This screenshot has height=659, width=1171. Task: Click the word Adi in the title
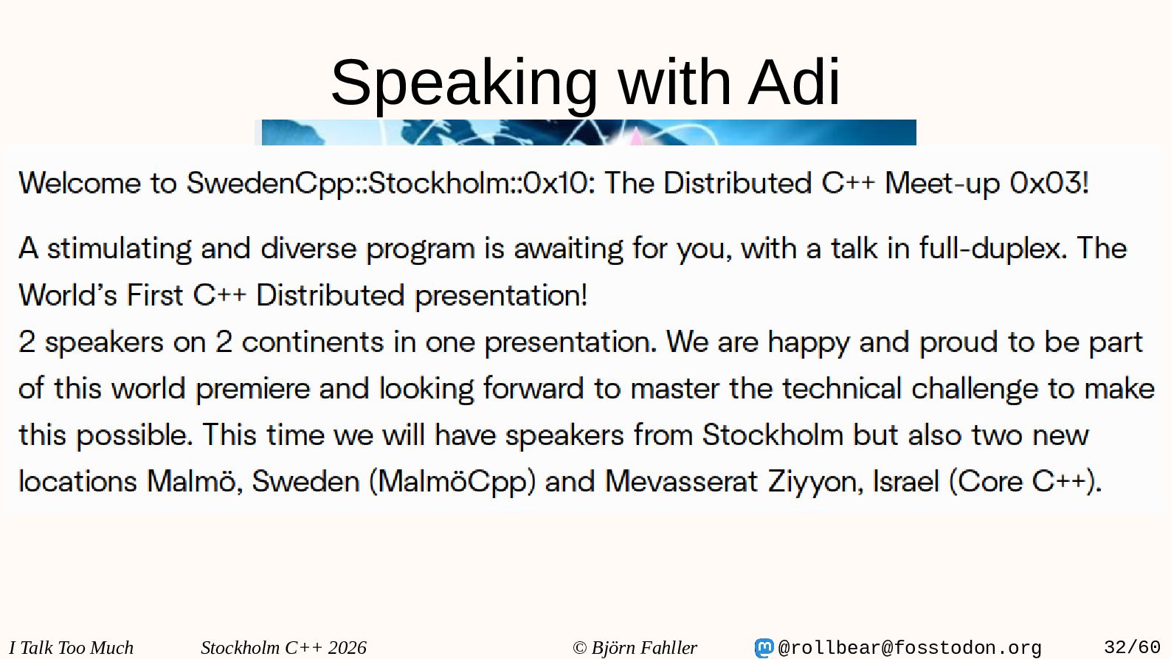coord(793,82)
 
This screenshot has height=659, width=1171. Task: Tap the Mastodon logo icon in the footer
coord(764,647)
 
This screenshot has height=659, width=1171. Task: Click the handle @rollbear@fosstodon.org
coord(910,648)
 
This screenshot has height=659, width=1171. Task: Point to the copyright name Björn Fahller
coord(644,647)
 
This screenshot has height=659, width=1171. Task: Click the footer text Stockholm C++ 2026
coord(283,647)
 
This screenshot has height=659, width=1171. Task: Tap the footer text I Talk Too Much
coord(71,647)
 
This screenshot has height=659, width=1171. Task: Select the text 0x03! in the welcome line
coord(1049,182)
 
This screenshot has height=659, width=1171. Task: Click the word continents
coord(313,342)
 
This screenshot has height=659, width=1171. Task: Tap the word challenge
coord(975,389)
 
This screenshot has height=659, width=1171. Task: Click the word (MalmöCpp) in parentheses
coord(453,482)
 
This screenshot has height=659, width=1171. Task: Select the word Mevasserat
coord(681,481)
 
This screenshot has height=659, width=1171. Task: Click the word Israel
coord(906,481)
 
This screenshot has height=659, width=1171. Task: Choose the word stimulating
coord(120,249)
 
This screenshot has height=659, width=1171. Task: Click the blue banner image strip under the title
coord(589,132)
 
